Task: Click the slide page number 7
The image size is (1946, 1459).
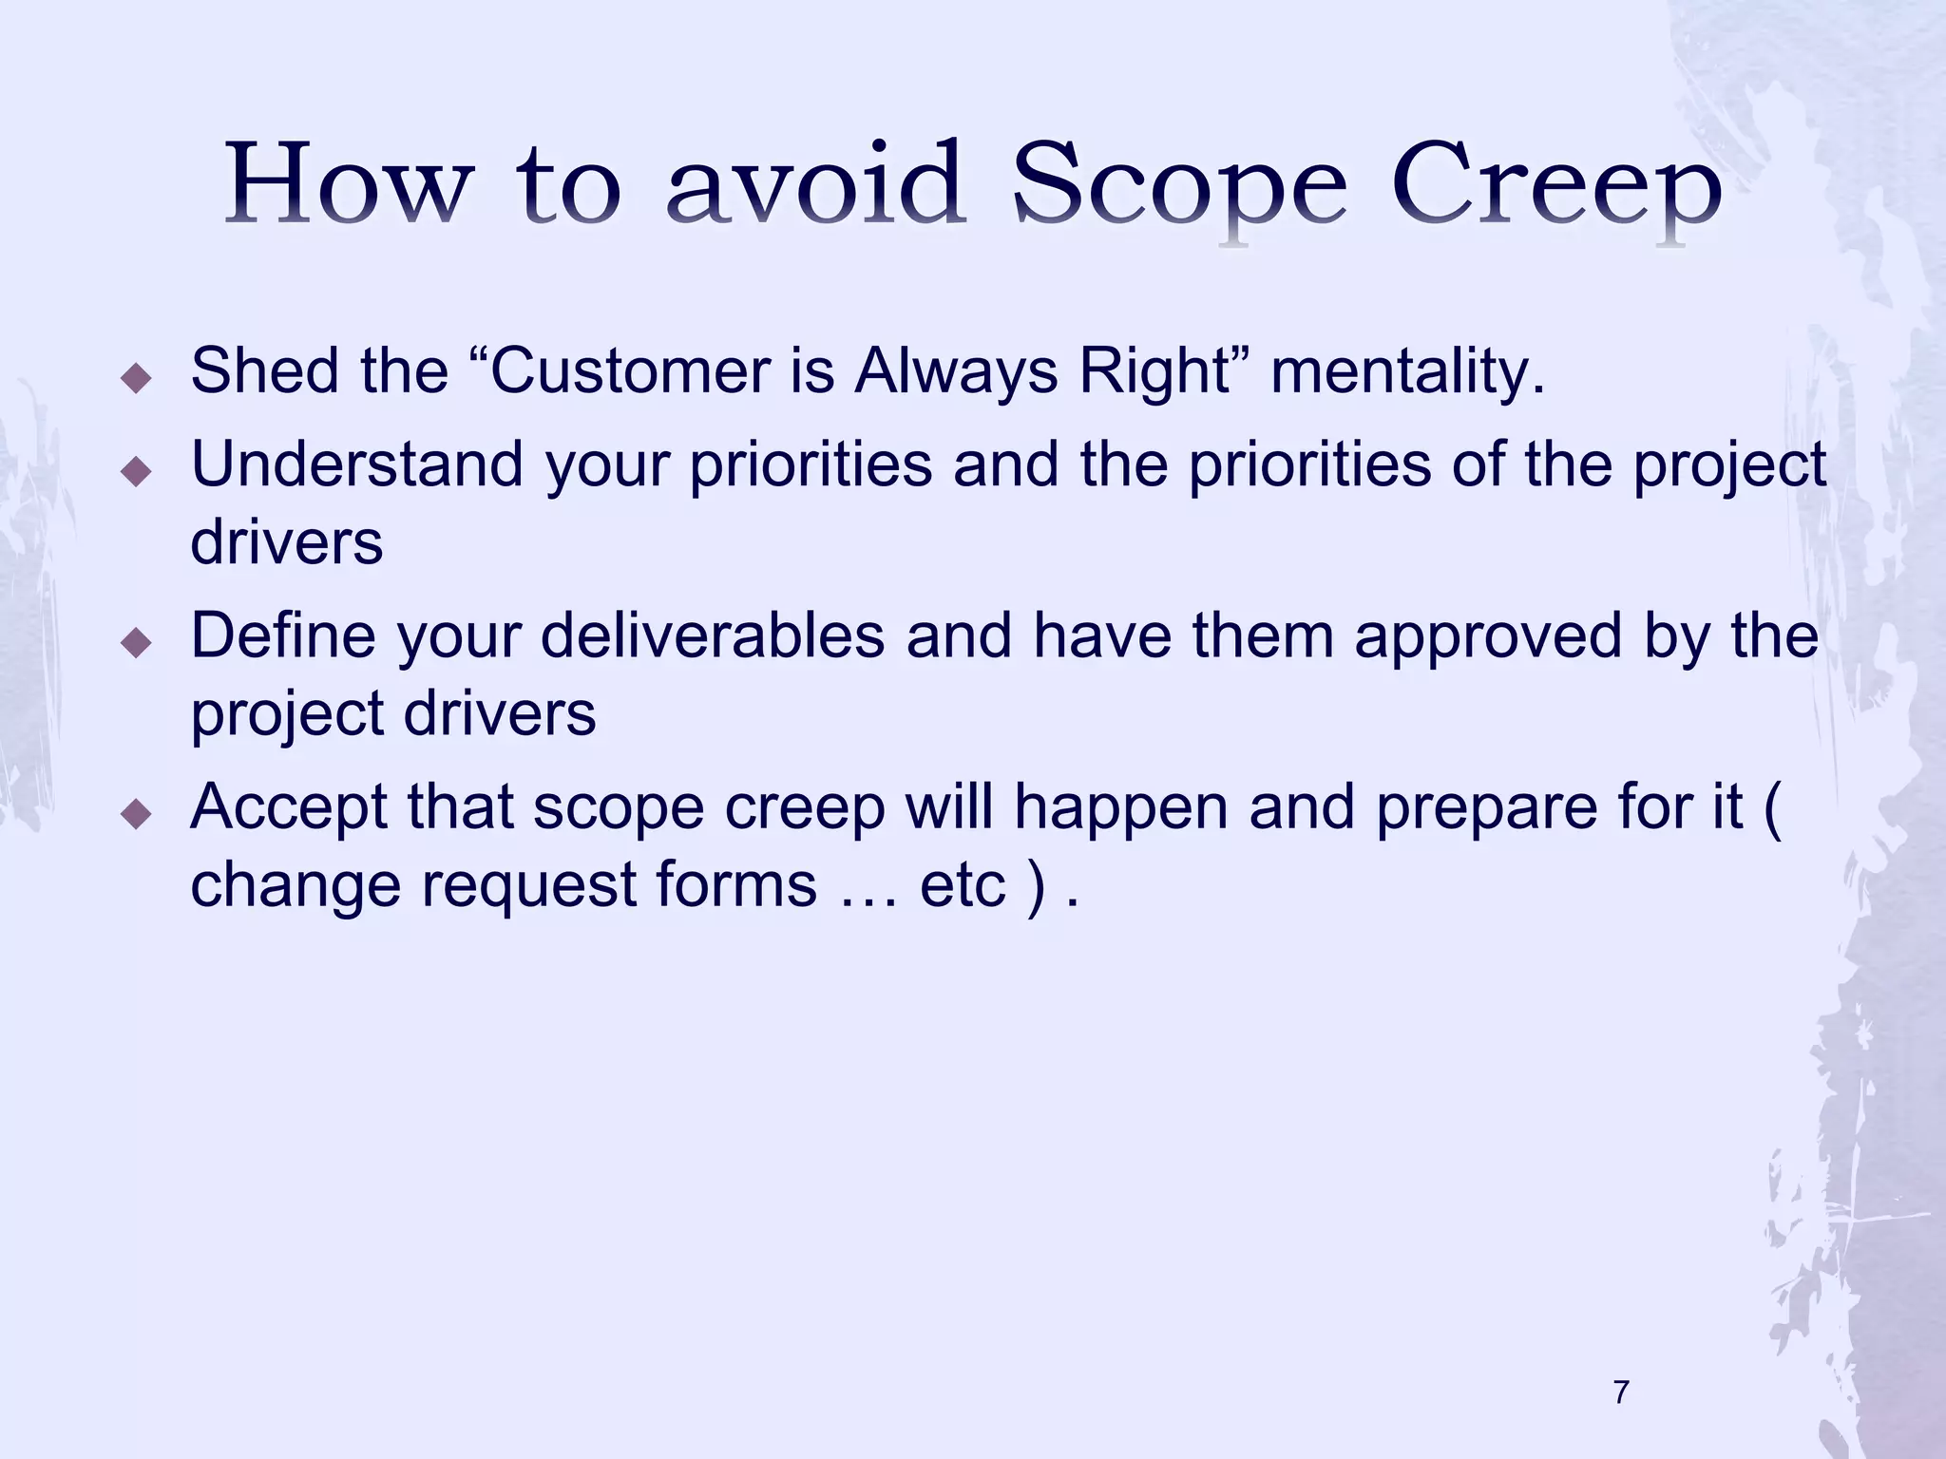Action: [1621, 1393]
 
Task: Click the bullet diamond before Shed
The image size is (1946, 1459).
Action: [138, 380]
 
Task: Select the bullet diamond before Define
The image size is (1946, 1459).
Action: [138, 644]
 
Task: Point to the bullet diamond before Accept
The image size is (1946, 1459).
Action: [138, 815]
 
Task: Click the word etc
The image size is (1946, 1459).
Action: [962, 884]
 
